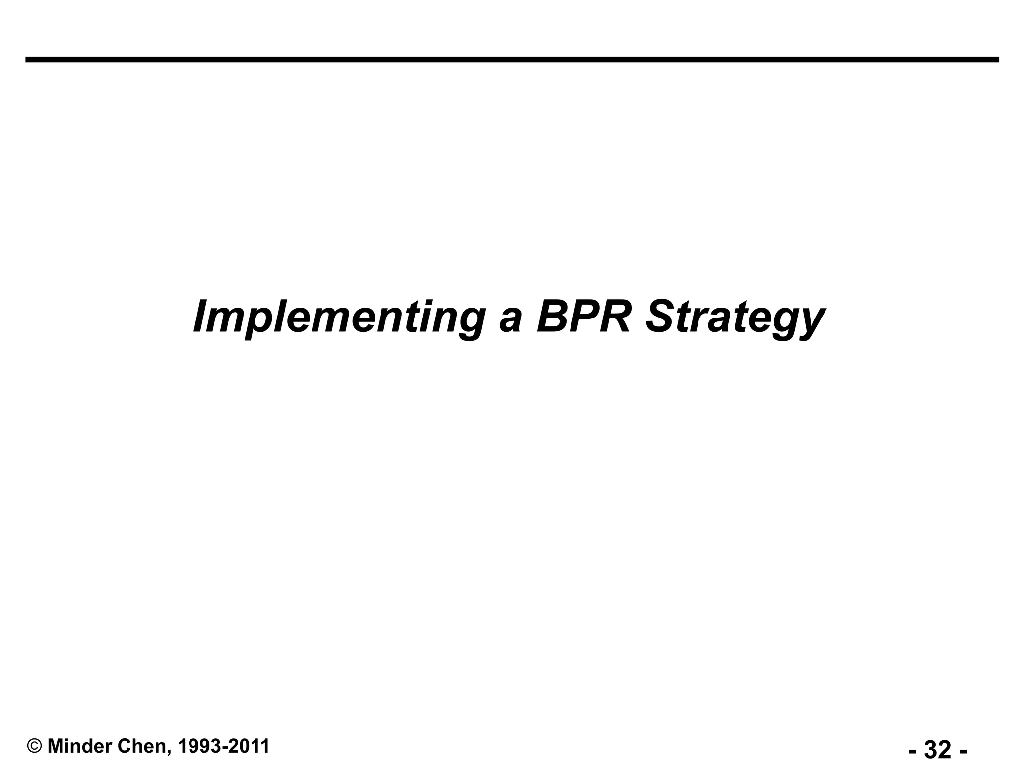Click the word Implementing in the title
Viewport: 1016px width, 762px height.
coord(339,317)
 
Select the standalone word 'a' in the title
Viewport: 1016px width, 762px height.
coord(510,320)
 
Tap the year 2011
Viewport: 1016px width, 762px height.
coord(250,746)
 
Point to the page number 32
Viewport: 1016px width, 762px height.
coord(938,749)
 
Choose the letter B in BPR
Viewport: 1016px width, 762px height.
coord(552,317)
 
